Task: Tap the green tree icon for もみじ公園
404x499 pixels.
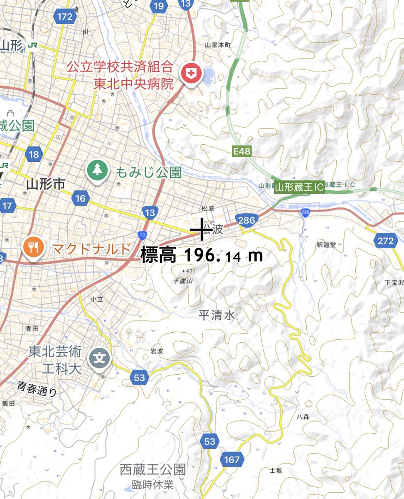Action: point(97,170)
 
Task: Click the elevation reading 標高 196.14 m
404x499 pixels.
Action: point(202,255)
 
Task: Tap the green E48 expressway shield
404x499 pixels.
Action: point(242,151)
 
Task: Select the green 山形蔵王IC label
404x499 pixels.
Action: point(299,188)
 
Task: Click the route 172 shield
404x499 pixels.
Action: point(65,17)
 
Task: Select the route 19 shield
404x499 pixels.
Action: point(158,6)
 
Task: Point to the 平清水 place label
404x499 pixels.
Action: point(217,315)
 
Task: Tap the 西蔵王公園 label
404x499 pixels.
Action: point(152,470)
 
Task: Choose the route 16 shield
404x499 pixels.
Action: point(80,198)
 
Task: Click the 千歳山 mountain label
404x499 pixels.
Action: point(183,281)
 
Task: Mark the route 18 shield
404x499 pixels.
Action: point(34,155)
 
